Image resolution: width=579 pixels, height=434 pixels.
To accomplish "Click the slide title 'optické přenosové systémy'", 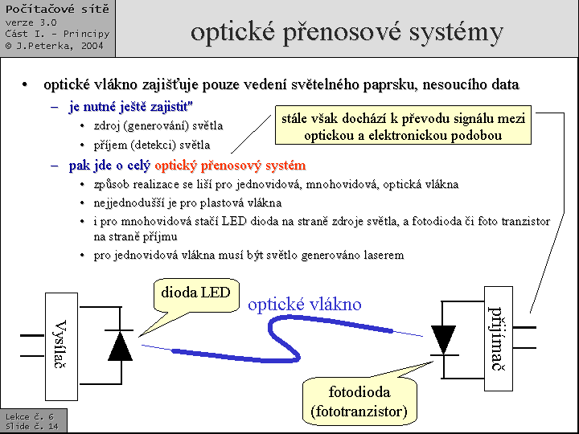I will point(347,32).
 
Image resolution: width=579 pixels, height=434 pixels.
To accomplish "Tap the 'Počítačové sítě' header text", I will point(57,10).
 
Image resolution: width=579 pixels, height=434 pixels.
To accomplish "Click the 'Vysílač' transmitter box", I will point(61,346).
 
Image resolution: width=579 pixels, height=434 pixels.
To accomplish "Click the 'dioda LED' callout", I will point(196,293).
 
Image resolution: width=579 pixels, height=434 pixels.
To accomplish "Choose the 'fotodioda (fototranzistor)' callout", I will point(359,402).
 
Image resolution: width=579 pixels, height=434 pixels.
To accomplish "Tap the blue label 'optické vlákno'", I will point(305,304).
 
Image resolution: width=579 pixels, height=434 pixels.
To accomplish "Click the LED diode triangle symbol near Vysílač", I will point(120,346).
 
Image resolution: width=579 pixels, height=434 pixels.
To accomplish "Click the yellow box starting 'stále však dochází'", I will point(403,127).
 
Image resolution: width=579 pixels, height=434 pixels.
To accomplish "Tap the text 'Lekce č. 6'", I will point(29,417).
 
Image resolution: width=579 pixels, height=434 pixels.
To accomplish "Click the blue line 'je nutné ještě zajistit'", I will point(130,106).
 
